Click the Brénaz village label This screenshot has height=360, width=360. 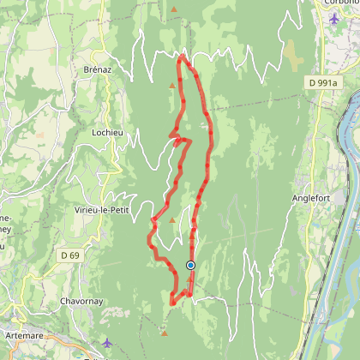(99, 69)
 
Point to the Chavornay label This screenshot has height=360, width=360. (83, 302)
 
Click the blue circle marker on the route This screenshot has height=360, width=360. (190, 265)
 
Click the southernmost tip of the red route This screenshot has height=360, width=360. (172, 303)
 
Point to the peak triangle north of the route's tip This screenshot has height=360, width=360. (174, 10)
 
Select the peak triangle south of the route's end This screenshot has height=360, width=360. (163, 326)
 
